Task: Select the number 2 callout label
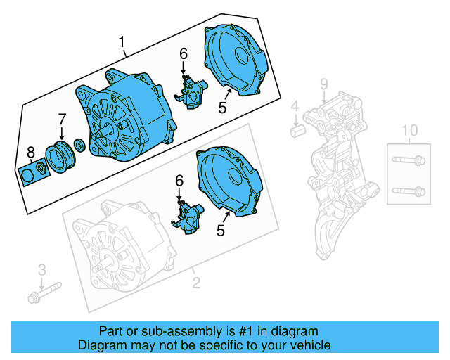coord(196,283)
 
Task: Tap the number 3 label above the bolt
coord(41,269)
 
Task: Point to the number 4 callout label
coord(295,107)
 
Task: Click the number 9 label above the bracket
coord(324,85)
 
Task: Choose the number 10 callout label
coord(409,130)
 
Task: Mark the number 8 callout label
coord(30,152)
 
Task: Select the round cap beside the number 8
coord(27,172)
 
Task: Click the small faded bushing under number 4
coord(296,131)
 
